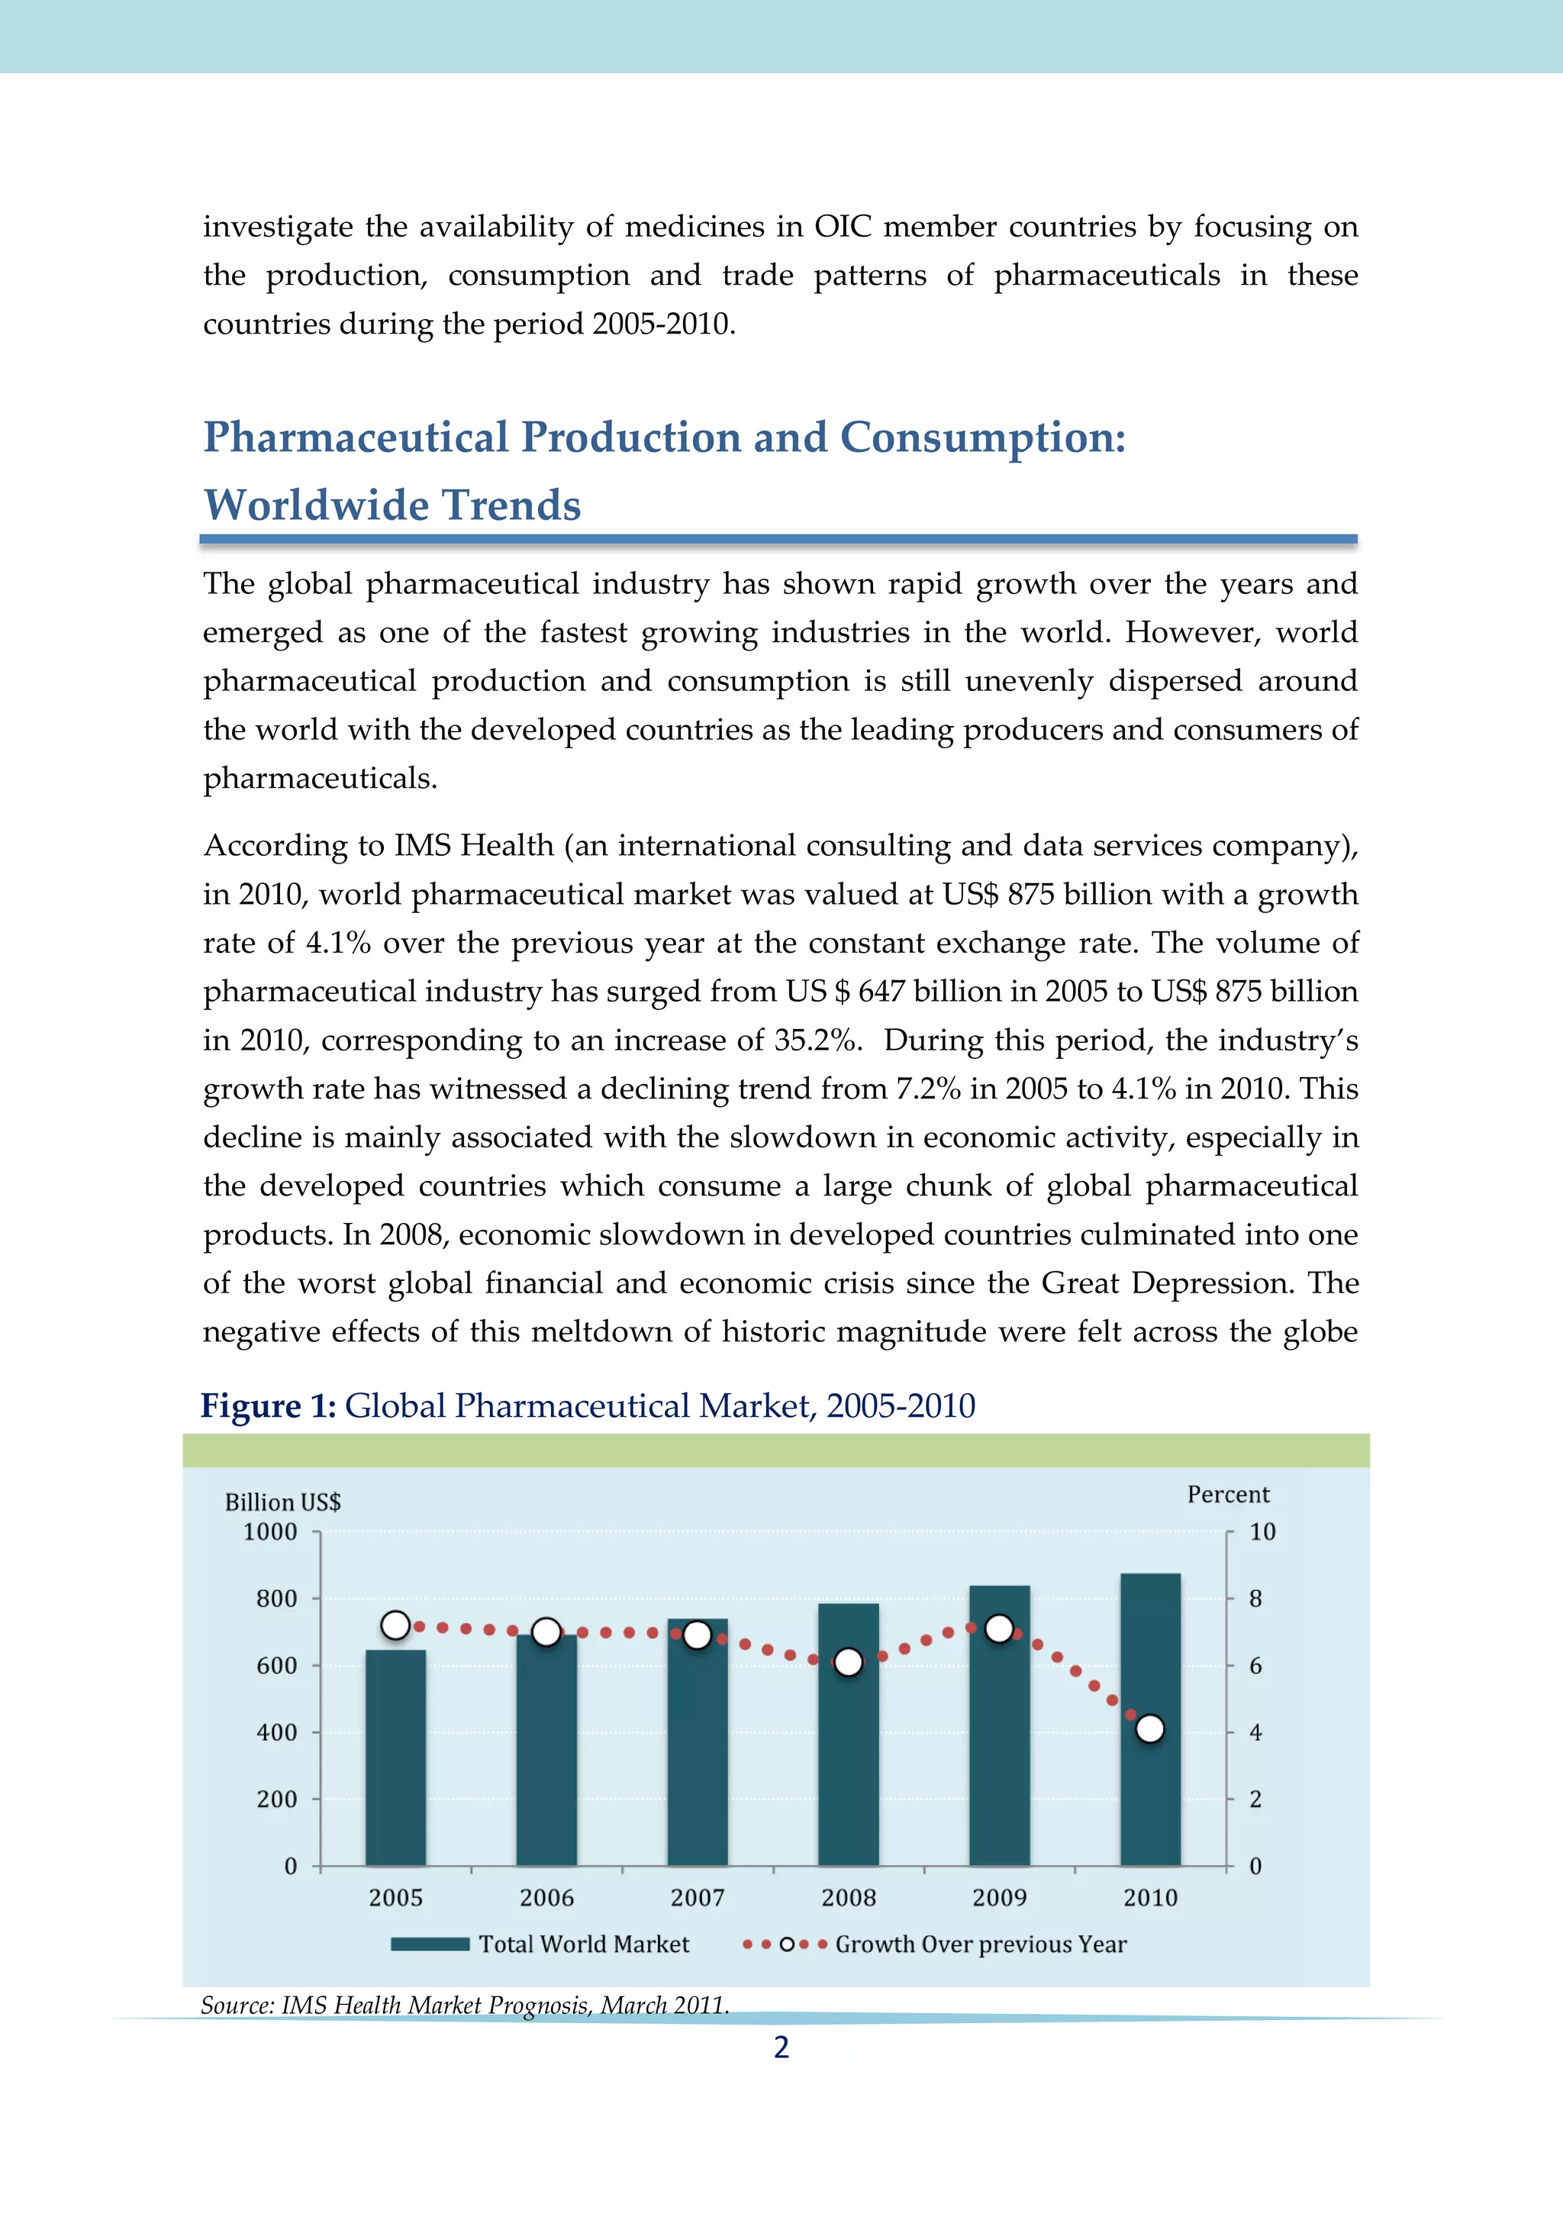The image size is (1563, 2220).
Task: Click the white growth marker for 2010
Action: point(1149,1729)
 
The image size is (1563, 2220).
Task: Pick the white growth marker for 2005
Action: point(395,1625)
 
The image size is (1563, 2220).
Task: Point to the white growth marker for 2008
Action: point(848,1662)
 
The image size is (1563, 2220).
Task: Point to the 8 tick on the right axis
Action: point(1255,1599)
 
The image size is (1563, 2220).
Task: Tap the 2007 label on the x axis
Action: point(697,1897)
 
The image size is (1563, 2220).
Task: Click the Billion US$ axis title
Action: point(282,1502)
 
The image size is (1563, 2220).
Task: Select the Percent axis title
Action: point(1228,1494)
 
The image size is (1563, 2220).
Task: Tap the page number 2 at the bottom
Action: point(781,2047)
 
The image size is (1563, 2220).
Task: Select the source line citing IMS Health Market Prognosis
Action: point(464,2005)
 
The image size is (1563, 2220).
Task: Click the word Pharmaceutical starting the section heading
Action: point(355,437)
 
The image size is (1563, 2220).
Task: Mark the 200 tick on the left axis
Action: point(276,1799)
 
